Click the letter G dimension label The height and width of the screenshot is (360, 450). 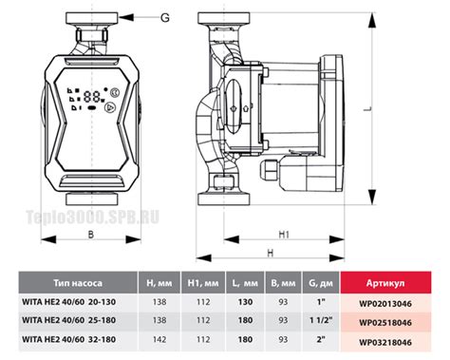[165, 17]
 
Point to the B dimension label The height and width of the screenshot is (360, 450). [91, 235]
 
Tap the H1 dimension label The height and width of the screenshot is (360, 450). [284, 235]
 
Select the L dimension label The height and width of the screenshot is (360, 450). [367, 108]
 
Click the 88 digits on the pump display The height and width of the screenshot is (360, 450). [92, 96]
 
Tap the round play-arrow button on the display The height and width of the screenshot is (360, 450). [110, 108]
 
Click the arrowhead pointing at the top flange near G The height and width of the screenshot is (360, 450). [125, 17]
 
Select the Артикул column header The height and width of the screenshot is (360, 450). [385, 283]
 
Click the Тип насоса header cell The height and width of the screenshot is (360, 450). [78, 283]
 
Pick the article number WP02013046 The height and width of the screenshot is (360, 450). [385, 304]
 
